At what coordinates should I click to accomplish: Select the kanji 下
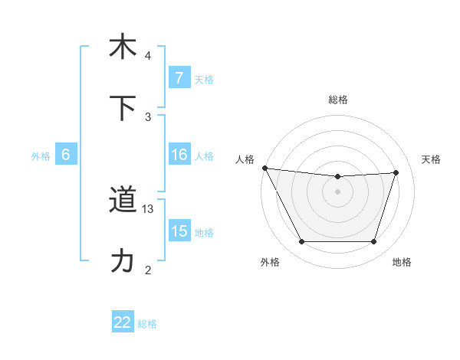123,107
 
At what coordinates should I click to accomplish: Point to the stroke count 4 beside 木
148,56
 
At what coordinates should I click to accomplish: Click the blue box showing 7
179,78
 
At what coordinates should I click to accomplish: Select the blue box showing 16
179,155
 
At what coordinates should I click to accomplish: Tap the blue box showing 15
179,231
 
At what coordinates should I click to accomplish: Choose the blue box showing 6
66,155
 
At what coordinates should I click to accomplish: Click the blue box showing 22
123,322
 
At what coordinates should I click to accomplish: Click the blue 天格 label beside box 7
204,79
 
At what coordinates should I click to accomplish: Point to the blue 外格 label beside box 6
41,155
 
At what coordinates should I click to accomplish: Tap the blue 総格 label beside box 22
147,323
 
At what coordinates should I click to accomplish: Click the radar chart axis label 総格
337,100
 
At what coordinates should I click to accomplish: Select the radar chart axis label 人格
245,159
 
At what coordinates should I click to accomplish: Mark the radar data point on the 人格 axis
264,168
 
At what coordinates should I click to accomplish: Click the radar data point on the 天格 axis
396,172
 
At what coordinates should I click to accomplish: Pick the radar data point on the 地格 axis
373,242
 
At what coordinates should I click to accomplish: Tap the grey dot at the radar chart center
337,191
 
